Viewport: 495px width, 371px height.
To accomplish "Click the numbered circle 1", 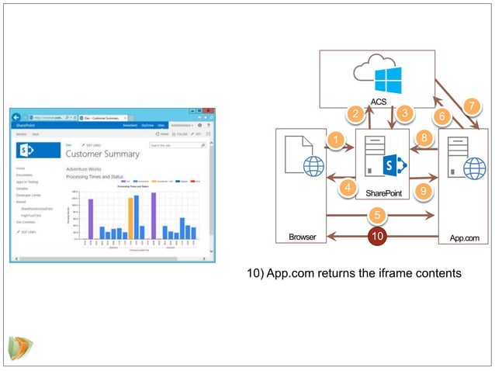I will pyautogui.click(x=336, y=140).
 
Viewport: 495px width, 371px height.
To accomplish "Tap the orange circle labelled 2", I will pyautogui.click(x=355, y=114).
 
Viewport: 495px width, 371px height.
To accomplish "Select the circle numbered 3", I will pyautogui.click(x=403, y=113).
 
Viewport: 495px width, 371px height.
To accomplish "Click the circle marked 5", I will pyautogui.click(x=377, y=215).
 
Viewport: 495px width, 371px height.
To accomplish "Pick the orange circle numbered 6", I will pyautogui.click(x=442, y=116).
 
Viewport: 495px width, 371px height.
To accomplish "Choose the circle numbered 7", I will pyautogui.click(x=470, y=105).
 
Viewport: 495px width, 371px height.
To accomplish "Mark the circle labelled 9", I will pyautogui.click(x=423, y=190).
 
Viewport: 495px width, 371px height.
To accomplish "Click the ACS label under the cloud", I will pyautogui.click(x=379, y=102).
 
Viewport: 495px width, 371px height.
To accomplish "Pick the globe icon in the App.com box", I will pyautogui.click(x=474, y=168).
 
